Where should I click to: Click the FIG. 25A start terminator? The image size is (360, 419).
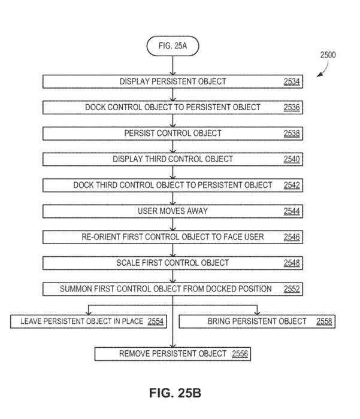(x=173, y=46)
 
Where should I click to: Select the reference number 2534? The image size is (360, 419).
(x=292, y=81)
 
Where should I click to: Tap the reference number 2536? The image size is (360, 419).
(x=292, y=107)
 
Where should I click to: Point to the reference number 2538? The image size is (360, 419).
(x=292, y=133)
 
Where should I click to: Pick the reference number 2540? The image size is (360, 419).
(x=292, y=159)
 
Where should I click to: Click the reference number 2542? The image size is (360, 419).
(x=292, y=185)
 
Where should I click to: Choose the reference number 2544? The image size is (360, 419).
(x=292, y=211)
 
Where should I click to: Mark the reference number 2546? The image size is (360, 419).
(x=292, y=237)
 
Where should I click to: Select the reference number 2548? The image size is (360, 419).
(x=292, y=263)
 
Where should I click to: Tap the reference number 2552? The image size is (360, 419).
(x=292, y=289)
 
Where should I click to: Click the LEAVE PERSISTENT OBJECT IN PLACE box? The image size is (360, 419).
(x=88, y=321)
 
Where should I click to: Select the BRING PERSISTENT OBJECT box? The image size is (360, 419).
(x=257, y=321)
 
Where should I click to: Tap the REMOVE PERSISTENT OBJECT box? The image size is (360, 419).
(x=173, y=354)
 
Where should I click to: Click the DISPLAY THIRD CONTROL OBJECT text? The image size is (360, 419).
(x=173, y=159)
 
